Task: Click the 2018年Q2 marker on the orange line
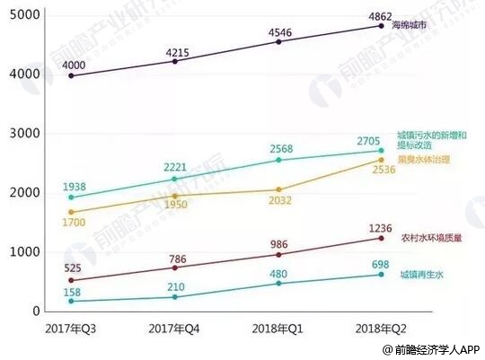381,160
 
